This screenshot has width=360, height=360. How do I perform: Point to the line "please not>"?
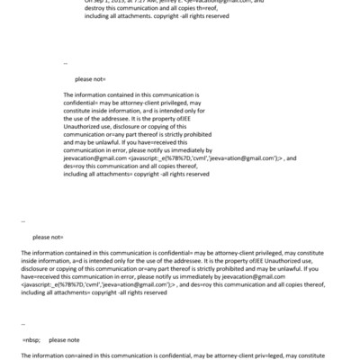click(x=47, y=237)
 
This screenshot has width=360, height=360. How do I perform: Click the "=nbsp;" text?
click(x=33, y=340)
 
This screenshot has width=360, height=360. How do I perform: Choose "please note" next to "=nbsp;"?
click(x=65, y=340)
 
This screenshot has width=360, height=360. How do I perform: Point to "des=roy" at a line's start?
click(x=76, y=166)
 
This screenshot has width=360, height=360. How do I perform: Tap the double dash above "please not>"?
click(x=22, y=221)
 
